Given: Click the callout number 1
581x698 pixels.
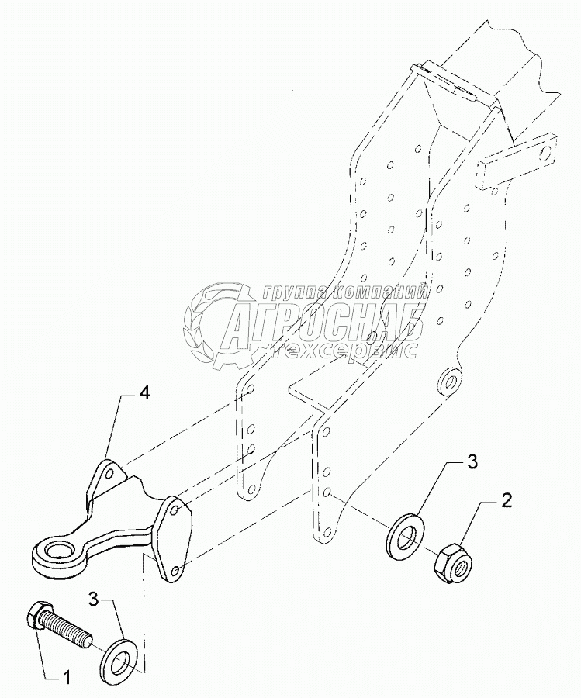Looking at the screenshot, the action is pyautogui.click(x=66, y=678).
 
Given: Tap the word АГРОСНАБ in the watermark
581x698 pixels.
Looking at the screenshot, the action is pyautogui.click(x=322, y=325).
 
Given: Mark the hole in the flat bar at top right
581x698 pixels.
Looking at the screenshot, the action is pyautogui.click(x=548, y=151).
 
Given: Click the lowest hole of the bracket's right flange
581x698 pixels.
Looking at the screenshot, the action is pyautogui.click(x=175, y=570).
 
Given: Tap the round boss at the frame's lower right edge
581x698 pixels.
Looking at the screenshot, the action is pyautogui.click(x=448, y=381).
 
